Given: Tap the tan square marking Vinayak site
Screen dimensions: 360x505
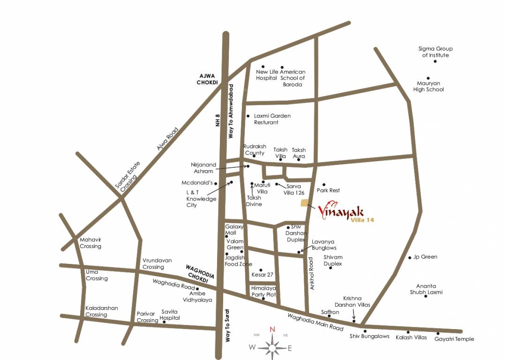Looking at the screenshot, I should tap(305, 202).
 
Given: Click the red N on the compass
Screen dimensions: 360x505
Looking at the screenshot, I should tap(272, 329).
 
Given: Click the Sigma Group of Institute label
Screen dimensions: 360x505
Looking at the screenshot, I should tap(435, 52).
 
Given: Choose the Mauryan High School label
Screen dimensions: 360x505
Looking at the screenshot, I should tap(428, 86).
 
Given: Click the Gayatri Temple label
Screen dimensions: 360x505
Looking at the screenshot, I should tap(454, 339).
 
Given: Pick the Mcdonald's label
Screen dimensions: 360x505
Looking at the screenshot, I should tap(197, 183).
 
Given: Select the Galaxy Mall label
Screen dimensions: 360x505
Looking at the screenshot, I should tap(234, 230).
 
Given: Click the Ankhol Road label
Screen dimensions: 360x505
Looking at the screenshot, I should tap(311, 273).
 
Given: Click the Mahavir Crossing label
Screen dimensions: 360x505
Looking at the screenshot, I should tap(90, 243).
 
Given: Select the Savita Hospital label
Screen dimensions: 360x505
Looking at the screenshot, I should tap(170, 315).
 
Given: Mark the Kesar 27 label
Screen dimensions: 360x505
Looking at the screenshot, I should tap(262, 275).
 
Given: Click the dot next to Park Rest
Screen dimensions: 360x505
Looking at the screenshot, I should tap(324, 185).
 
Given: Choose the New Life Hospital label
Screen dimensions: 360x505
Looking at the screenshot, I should tap(267, 75).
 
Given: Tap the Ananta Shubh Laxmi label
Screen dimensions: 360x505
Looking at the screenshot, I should tap(426, 289).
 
